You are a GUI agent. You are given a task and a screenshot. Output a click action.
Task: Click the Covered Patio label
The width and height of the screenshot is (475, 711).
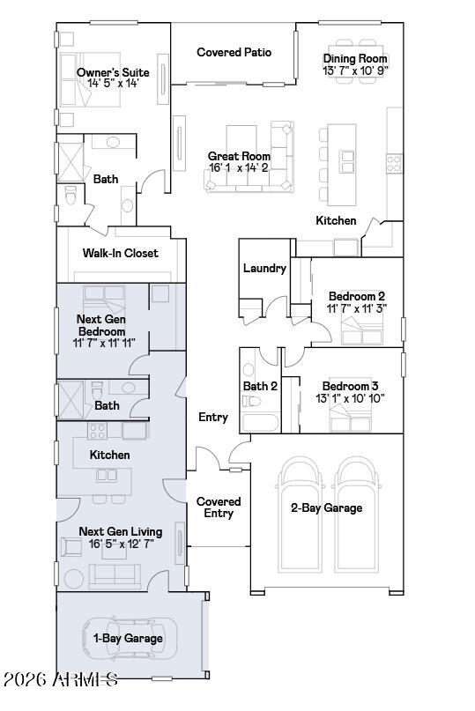pyautogui.click(x=234, y=53)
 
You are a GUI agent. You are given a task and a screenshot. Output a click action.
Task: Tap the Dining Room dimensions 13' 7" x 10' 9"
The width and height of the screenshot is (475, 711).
pyautogui.click(x=355, y=70)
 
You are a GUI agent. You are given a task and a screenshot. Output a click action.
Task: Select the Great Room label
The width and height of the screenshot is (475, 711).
pyautogui.click(x=239, y=156)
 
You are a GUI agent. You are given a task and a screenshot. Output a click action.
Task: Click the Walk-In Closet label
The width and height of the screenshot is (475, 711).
pyautogui.click(x=121, y=254)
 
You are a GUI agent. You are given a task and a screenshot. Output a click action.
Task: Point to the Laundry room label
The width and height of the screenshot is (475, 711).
pyautogui.click(x=263, y=269)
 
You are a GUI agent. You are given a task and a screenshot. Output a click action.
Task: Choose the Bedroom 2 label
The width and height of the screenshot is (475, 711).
pyautogui.click(x=356, y=296)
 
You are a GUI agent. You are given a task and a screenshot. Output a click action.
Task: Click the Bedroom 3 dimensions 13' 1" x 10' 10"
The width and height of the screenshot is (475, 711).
pyautogui.click(x=350, y=398)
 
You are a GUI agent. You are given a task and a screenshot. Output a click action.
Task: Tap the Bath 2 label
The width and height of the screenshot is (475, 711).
pyautogui.click(x=260, y=387)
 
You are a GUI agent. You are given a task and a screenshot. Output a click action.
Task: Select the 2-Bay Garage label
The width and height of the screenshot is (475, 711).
pyautogui.click(x=327, y=507)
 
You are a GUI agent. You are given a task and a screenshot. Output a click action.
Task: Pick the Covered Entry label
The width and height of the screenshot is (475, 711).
pyautogui.click(x=219, y=507)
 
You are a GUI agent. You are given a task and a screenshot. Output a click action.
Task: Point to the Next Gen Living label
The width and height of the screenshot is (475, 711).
pyautogui.click(x=121, y=531)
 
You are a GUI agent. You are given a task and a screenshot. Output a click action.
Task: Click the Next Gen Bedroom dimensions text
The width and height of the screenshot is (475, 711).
pyautogui.click(x=104, y=343)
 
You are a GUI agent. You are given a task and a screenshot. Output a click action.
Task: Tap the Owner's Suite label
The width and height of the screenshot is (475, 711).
pyautogui.click(x=112, y=72)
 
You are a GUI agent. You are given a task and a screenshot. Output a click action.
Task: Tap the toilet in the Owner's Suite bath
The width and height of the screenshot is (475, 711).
pyautogui.click(x=71, y=196)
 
